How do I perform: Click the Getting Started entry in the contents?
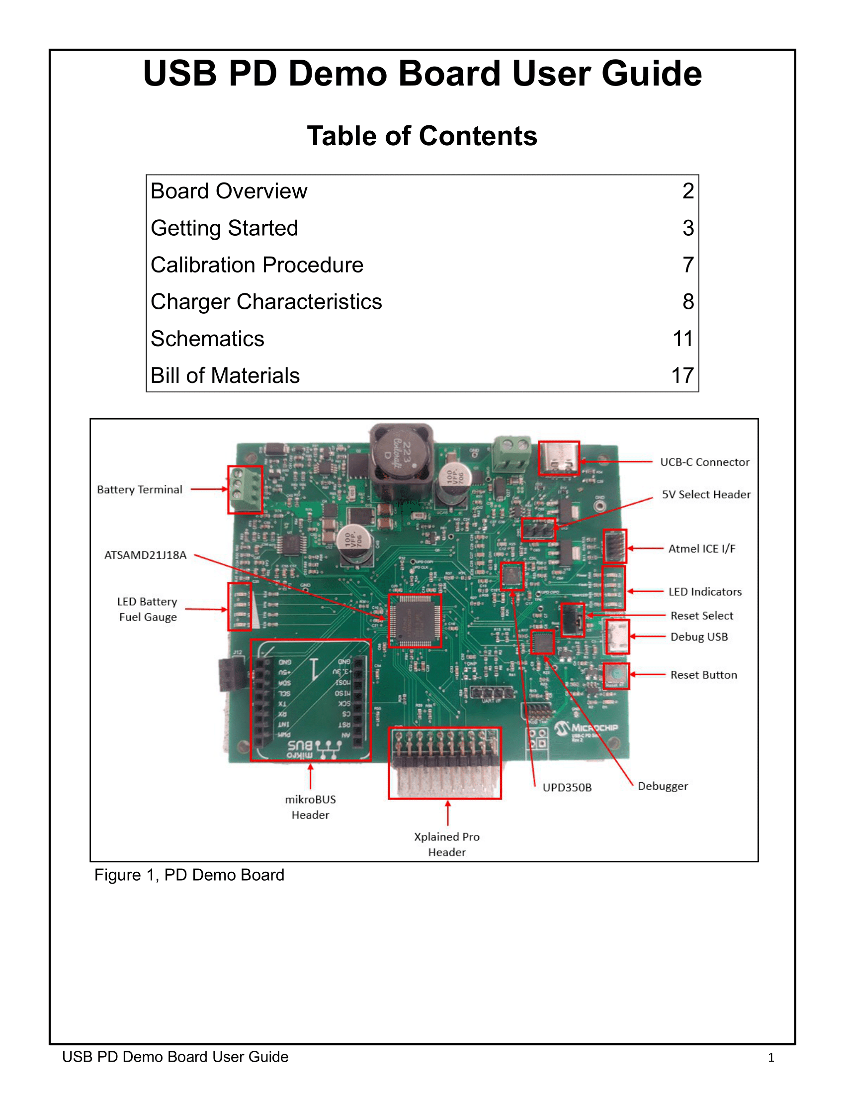[x=224, y=228]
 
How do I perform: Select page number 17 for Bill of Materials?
[x=682, y=375]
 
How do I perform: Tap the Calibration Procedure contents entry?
[x=257, y=265]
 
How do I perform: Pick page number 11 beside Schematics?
[x=682, y=339]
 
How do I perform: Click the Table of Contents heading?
[x=422, y=136]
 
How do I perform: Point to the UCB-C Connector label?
[x=704, y=462]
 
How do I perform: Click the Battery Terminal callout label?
[x=140, y=489]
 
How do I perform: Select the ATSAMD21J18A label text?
[x=145, y=555]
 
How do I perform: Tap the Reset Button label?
[x=703, y=675]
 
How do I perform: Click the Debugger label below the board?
[x=662, y=786]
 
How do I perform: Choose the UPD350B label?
[x=567, y=788]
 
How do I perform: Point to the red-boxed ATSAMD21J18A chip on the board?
[x=415, y=621]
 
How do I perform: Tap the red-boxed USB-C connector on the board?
[x=559, y=458]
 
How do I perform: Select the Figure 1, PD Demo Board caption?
[x=189, y=875]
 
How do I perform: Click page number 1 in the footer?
[x=770, y=1057]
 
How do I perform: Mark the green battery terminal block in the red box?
[x=245, y=489]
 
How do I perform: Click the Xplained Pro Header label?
[x=446, y=844]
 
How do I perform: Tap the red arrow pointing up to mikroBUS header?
[x=310, y=776]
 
